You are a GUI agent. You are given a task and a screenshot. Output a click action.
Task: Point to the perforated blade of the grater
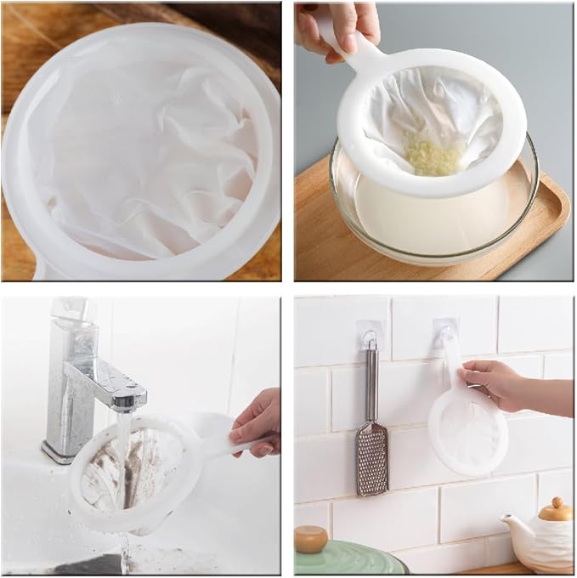point(371,459)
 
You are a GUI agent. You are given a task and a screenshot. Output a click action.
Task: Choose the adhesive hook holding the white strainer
point(445,332)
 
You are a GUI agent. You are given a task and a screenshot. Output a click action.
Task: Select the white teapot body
point(544,544)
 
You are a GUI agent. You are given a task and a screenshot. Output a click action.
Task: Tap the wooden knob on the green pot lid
point(310,538)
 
